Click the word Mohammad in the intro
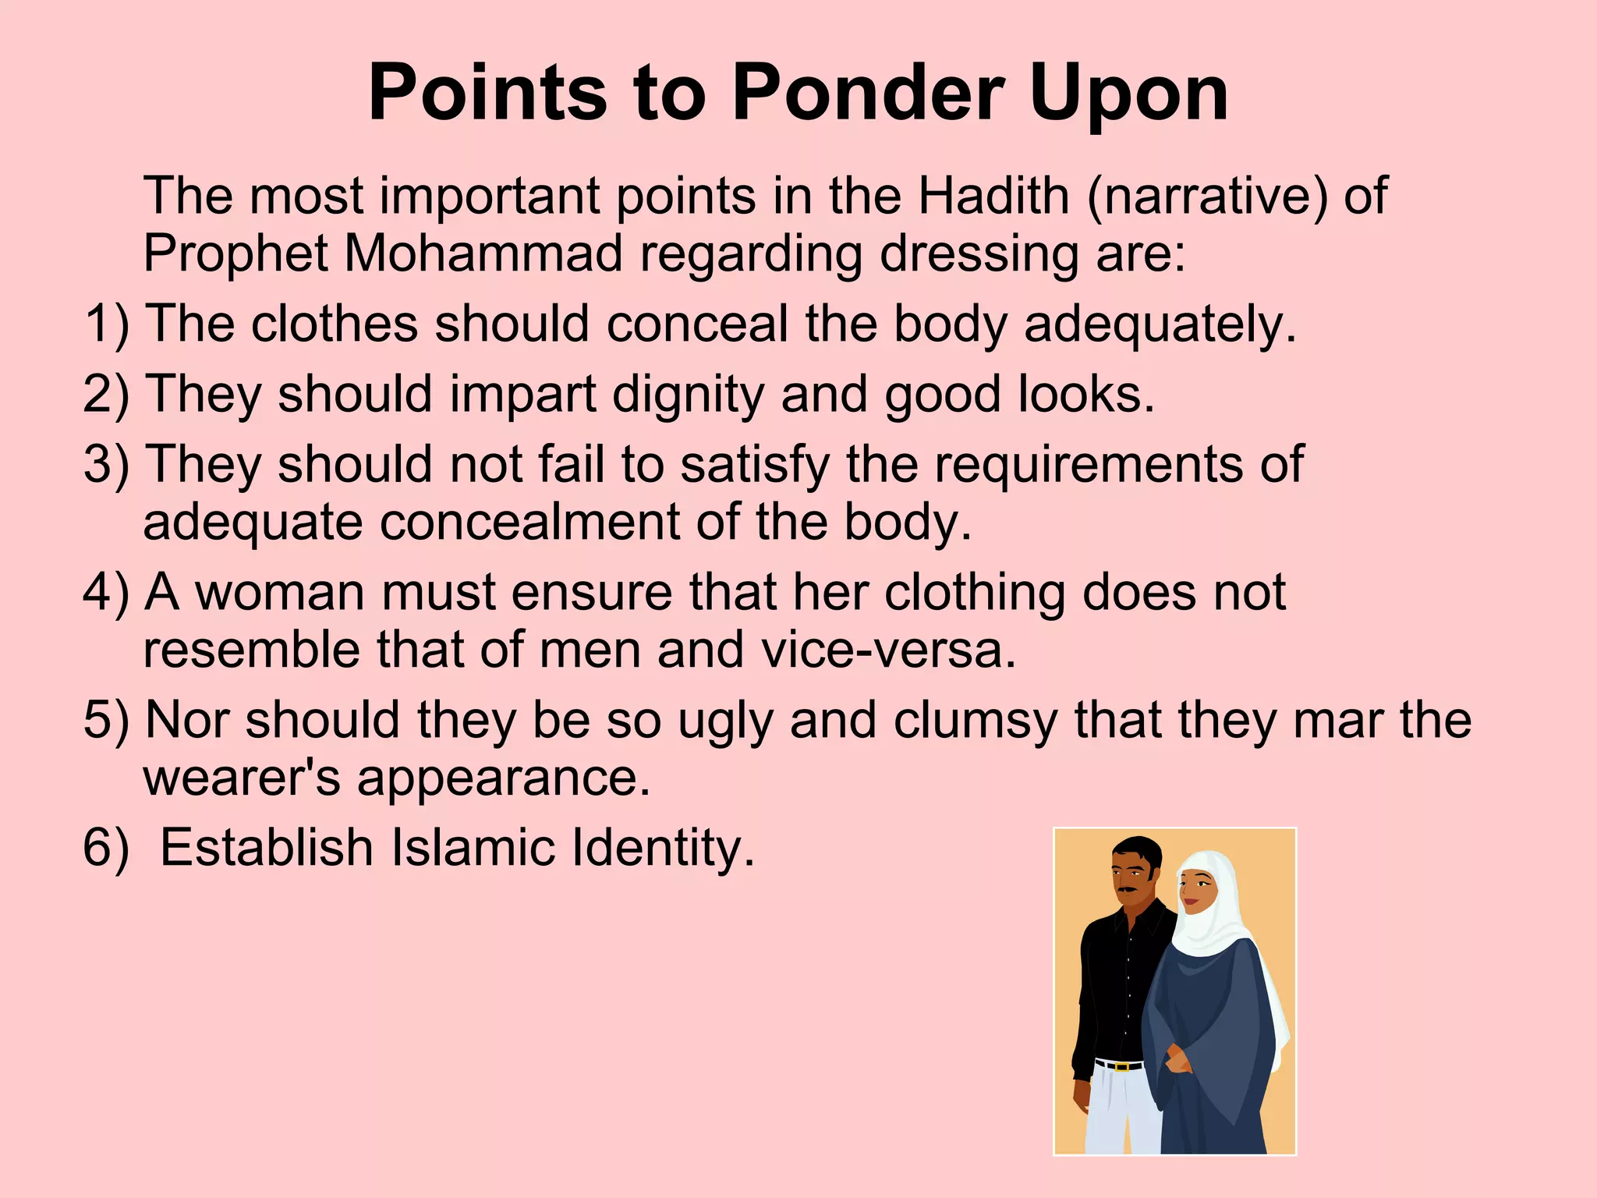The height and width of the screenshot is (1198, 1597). [483, 253]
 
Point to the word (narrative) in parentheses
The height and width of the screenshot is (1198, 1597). [1207, 197]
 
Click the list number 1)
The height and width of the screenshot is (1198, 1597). [107, 324]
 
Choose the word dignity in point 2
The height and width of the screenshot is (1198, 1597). [688, 395]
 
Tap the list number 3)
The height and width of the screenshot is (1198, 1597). [107, 464]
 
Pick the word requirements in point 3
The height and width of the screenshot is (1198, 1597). [1089, 466]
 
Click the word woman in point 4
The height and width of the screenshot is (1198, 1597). [279, 593]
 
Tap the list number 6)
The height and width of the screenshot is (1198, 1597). [107, 848]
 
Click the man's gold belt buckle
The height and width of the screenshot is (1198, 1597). [1121, 1066]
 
